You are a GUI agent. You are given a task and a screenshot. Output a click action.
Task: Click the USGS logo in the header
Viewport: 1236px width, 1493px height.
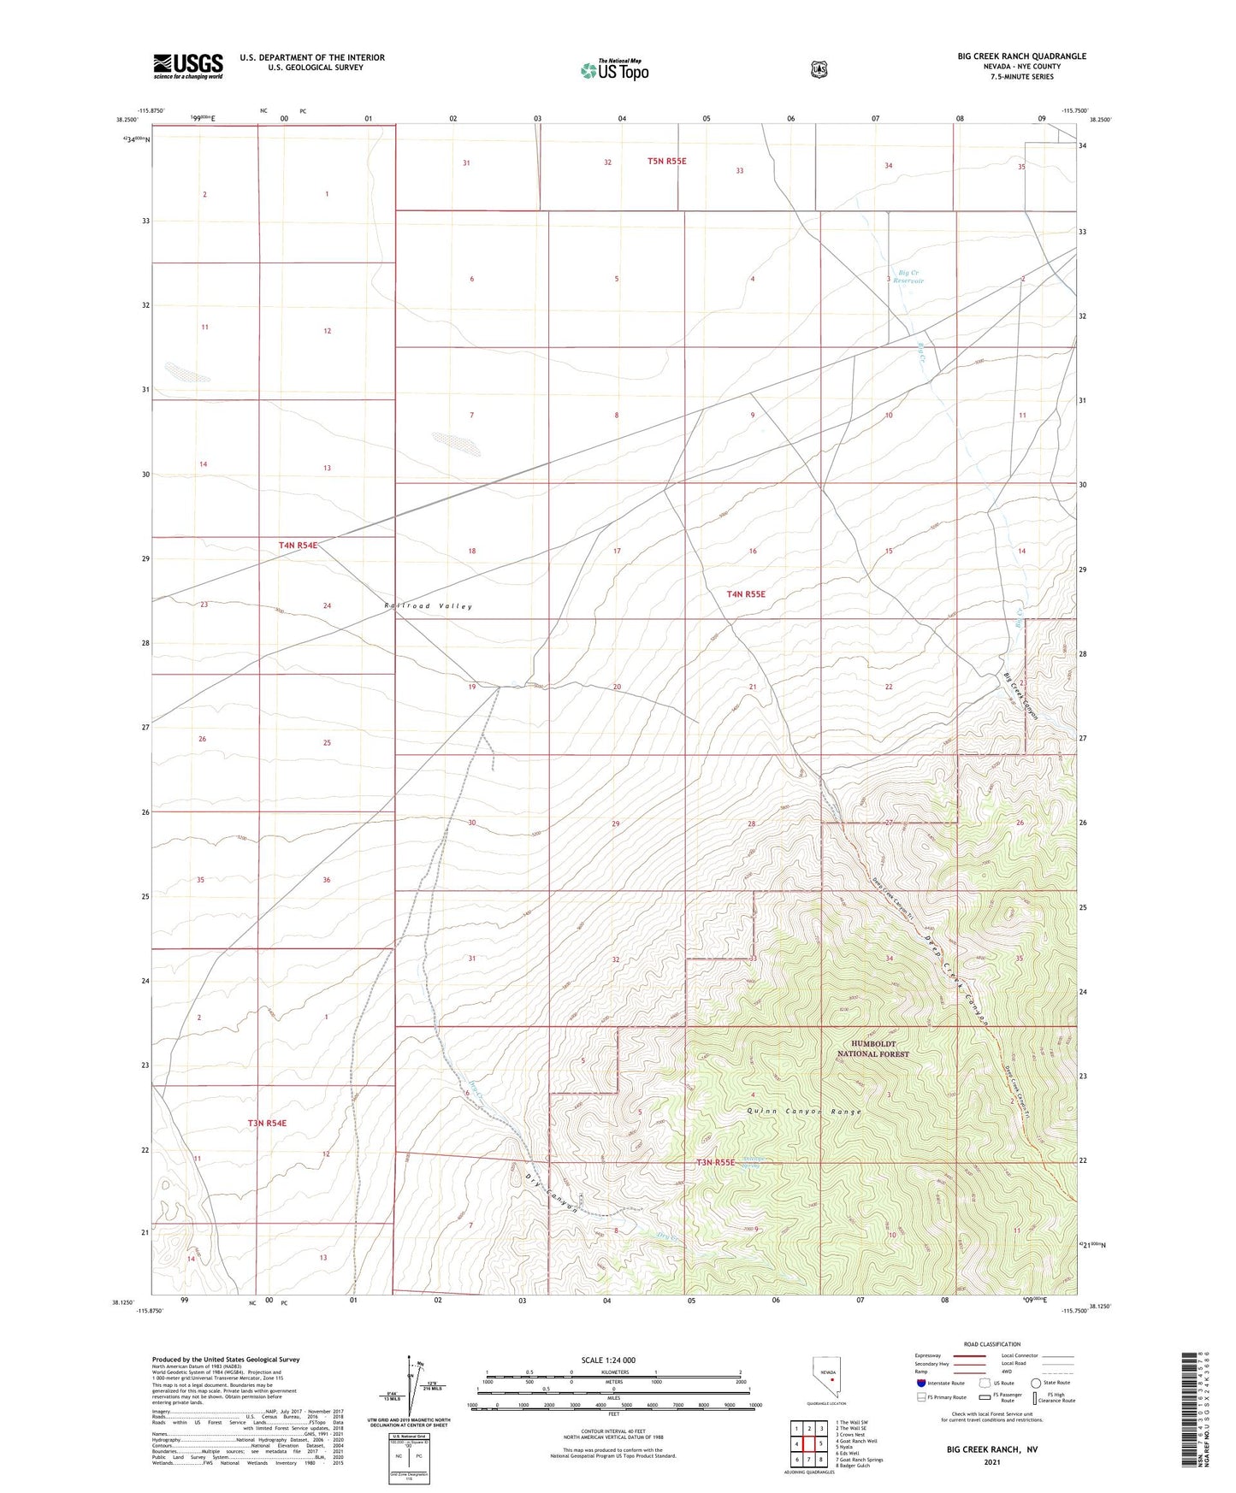(x=188, y=66)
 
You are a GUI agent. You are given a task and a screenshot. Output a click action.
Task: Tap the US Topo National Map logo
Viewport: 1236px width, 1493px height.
(x=614, y=69)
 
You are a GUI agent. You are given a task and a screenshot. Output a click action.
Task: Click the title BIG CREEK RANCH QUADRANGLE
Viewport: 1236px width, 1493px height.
(x=1021, y=56)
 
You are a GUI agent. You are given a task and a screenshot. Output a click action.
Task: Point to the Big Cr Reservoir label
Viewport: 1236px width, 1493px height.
(x=908, y=276)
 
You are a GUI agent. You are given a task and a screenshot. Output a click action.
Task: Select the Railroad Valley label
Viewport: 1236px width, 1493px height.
(x=429, y=606)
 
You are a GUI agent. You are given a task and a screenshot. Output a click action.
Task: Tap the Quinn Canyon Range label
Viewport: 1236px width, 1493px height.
(x=803, y=1112)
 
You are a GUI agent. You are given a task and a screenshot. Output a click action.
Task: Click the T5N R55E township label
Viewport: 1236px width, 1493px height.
(x=666, y=161)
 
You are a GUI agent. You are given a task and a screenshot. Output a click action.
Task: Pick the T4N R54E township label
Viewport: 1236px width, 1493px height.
(x=298, y=545)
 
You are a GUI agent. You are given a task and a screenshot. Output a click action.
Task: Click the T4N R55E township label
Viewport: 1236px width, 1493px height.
(x=746, y=593)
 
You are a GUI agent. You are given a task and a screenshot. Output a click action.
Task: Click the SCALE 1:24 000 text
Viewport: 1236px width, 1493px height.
(x=608, y=1360)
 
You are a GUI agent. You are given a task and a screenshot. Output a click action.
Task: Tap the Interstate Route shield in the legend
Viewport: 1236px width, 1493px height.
(x=920, y=1383)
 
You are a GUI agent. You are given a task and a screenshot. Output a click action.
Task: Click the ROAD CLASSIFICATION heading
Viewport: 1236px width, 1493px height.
(x=991, y=1344)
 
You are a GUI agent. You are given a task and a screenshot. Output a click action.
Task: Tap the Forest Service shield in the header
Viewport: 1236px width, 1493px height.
(x=819, y=68)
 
